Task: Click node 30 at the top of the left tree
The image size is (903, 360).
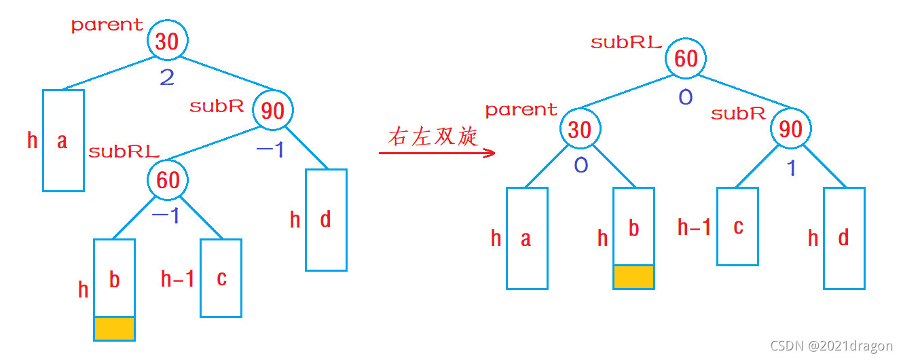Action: click(x=167, y=41)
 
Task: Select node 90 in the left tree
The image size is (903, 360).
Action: click(x=273, y=110)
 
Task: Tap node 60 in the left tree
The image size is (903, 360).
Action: click(x=168, y=180)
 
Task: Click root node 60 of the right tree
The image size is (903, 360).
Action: click(x=686, y=58)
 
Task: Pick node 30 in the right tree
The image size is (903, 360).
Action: click(x=580, y=129)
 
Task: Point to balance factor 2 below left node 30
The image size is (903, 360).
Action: click(x=167, y=77)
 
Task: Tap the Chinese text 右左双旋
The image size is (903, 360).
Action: click(x=433, y=137)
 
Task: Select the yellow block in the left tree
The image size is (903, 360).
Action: click(x=114, y=328)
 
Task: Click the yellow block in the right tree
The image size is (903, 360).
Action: click(x=633, y=276)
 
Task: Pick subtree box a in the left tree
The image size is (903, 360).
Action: click(x=63, y=141)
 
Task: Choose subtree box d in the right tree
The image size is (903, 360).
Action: click(x=844, y=238)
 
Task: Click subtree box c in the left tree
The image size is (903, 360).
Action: click(x=221, y=278)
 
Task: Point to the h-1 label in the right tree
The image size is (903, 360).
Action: click(x=694, y=227)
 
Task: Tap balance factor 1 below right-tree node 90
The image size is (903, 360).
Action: click(x=791, y=167)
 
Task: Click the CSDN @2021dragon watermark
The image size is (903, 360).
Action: click(x=832, y=346)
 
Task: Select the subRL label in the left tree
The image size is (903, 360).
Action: click(x=124, y=151)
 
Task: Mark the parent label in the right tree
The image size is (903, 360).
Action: click(x=521, y=110)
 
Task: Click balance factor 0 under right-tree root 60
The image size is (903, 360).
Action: click(x=686, y=97)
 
